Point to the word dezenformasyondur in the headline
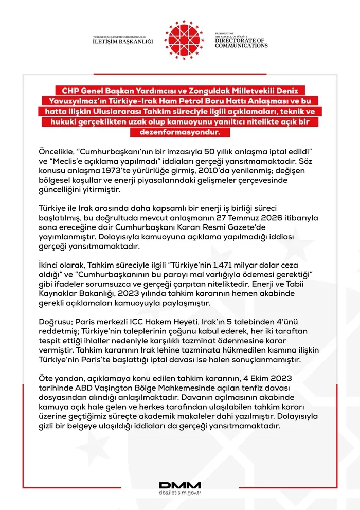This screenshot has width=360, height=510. tap(180, 132)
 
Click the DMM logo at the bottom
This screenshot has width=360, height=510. tap(180, 485)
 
